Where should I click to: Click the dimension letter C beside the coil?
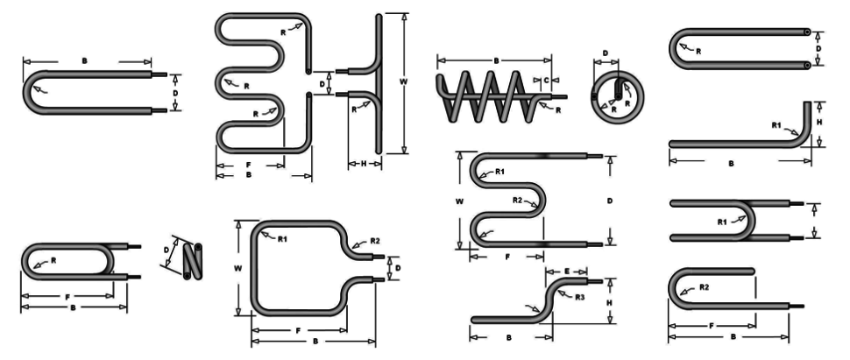pyautogui.click(x=547, y=80)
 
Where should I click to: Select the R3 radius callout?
pyautogui.click(x=579, y=298)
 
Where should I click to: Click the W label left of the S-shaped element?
pyautogui.click(x=459, y=201)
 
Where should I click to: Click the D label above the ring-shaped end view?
pyautogui.click(x=606, y=53)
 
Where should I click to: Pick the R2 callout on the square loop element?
pyautogui.click(x=374, y=240)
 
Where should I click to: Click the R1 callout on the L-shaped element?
pyautogui.click(x=776, y=125)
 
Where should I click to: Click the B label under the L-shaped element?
pyautogui.click(x=732, y=162)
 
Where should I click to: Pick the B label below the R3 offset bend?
pyautogui.click(x=508, y=336)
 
